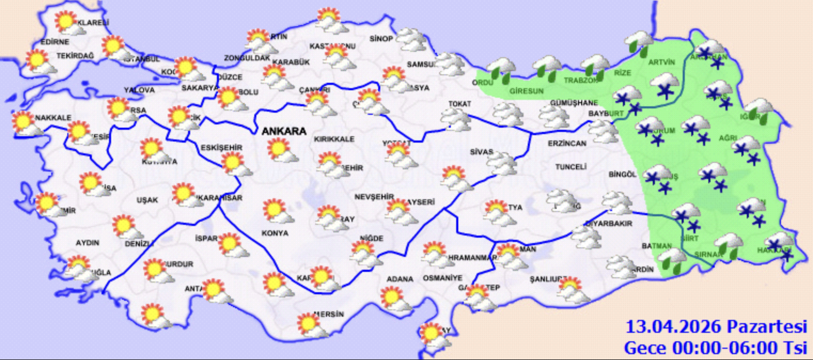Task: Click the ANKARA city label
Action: [283, 131]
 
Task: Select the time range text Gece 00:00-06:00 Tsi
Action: [715, 348]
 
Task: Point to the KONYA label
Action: [275, 233]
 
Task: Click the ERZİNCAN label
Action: [567, 144]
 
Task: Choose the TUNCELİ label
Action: [570, 167]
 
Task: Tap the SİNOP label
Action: [381, 38]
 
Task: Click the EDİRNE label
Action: [55, 42]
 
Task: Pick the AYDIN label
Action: [88, 243]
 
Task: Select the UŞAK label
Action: [147, 200]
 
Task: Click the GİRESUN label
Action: [526, 91]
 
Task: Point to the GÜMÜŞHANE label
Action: [573, 103]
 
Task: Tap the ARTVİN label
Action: [661, 62]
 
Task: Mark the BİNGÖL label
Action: [622, 175]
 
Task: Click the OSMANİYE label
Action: [442, 278]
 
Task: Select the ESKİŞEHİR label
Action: [222, 147]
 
